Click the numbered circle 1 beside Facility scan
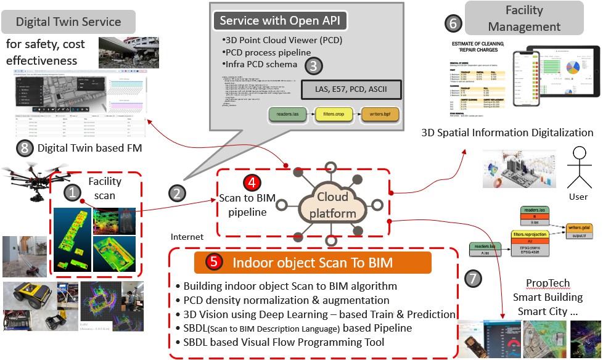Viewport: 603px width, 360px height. [x=73, y=193]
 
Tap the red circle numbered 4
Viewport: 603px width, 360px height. [x=252, y=182]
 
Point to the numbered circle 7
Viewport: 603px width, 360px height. [x=474, y=279]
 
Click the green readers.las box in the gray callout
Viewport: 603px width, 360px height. [x=287, y=114]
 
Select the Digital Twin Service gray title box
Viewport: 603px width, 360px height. [x=68, y=22]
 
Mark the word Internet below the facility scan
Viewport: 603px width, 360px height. [x=187, y=236]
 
